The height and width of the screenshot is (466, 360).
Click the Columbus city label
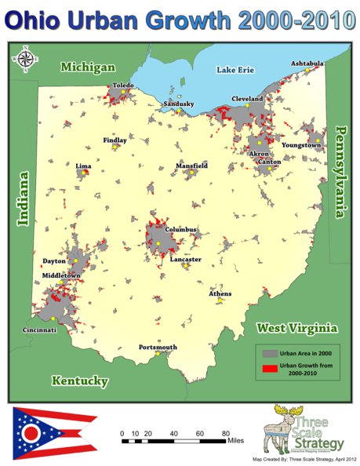tap(180, 230)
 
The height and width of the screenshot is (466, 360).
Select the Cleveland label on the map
tap(246, 99)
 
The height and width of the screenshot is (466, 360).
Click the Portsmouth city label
tap(158, 347)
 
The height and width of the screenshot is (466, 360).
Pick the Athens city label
tap(220, 293)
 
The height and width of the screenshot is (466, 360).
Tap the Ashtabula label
tap(307, 63)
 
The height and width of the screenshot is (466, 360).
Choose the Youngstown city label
tap(303, 145)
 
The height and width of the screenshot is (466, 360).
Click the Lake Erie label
tap(236, 70)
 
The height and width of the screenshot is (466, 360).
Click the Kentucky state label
tap(80, 380)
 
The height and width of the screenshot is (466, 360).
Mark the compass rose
tap(24, 60)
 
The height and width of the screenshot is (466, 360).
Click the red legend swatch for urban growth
tap(269, 367)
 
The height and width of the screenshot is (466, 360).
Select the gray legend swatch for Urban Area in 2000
tap(269, 351)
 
